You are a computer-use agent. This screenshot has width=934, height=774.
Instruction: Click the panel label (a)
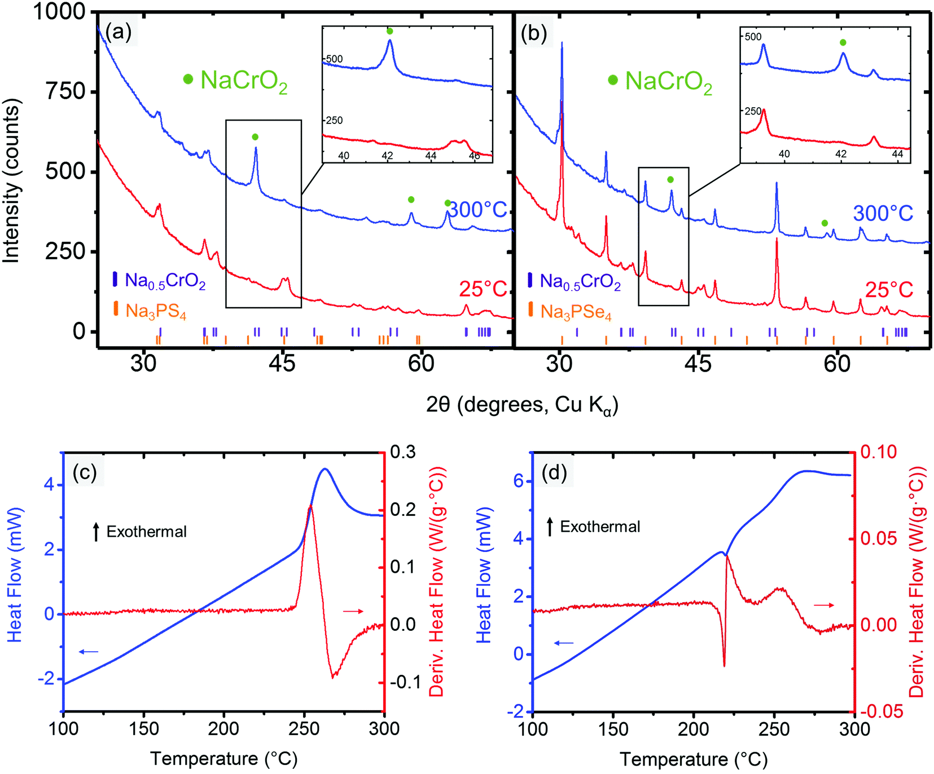(x=118, y=33)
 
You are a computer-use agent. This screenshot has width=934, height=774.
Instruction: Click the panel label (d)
(x=554, y=472)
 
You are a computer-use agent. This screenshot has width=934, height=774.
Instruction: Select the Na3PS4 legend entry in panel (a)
(x=155, y=311)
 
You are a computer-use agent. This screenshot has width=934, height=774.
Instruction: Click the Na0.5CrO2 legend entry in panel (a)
(x=164, y=281)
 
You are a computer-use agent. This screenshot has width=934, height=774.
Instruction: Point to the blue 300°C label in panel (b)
(x=883, y=214)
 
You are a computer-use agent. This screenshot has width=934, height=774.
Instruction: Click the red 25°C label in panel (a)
(x=483, y=289)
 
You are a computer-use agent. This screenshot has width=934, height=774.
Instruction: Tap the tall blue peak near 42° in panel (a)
(x=256, y=150)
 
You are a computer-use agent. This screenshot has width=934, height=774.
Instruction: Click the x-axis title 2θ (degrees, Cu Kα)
(x=522, y=405)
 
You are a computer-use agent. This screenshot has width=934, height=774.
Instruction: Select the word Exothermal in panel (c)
(x=146, y=532)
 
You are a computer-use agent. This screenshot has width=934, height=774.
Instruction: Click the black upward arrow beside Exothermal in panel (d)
(x=550, y=527)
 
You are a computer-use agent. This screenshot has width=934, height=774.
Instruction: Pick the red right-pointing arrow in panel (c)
(x=354, y=611)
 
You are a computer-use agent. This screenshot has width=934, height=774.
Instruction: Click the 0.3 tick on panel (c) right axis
(x=402, y=452)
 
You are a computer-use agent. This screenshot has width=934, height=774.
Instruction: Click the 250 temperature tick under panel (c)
(x=304, y=728)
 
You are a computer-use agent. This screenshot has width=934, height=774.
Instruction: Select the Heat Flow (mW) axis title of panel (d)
(x=484, y=575)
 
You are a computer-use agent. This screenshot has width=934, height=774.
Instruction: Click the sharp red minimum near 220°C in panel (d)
(x=724, y=665)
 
